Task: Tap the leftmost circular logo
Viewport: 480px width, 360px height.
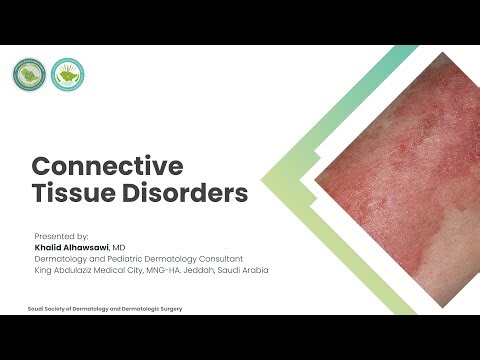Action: coord(27,74)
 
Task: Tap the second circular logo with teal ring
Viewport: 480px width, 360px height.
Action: coord(67,74)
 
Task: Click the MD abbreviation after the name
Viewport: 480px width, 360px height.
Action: coord(118,247)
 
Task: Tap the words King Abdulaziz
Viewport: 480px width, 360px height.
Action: coord(63,270)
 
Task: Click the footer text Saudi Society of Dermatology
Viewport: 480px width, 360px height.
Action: coord(70,309)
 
